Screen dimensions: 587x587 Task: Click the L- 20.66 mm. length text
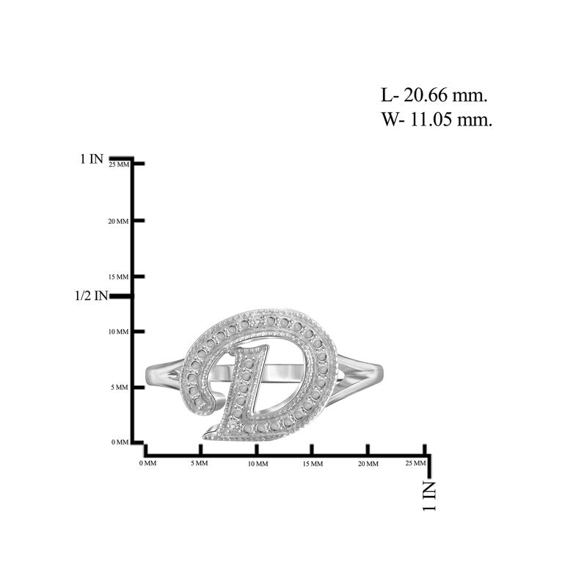[x=434, y=95]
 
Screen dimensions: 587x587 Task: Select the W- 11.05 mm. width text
[x=437, y=120]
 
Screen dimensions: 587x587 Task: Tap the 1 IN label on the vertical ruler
[x=92, y=158]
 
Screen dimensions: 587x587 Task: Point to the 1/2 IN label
[x=91, y=296]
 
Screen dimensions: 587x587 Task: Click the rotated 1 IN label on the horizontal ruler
[x=429, y=496]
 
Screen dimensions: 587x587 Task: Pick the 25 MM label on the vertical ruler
[x=119, y=164]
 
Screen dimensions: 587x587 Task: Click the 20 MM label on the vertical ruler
[x=118, y=222]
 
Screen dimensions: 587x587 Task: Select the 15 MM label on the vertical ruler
[x=118, y=277]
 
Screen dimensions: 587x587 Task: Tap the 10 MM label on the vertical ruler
[x=118, y=332]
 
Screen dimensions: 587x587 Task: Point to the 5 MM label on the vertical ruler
[x=120, y=387]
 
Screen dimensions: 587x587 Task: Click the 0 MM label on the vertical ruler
[x=120, y=442]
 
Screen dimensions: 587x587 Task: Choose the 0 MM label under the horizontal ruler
[x=148, y=463]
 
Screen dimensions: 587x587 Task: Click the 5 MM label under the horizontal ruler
[x=199, y=463]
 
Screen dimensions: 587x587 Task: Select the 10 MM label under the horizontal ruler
[x=258, y=464]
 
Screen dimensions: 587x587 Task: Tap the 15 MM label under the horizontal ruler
[x=313, y=464]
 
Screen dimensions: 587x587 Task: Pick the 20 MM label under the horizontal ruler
[x=368, y=464]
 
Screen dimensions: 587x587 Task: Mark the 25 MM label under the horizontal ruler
[x=415, y=463]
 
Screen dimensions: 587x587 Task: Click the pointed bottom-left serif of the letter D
[x=205, y=436]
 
